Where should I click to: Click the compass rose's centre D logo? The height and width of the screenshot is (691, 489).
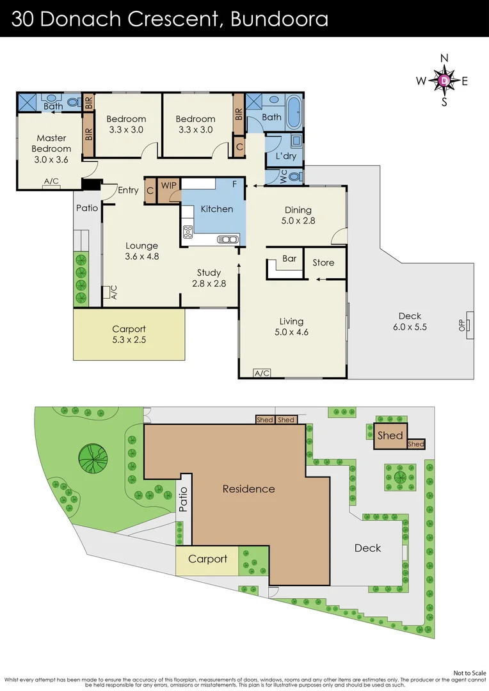tap(444, 80)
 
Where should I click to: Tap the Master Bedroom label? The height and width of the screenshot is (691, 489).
tap(51, 143)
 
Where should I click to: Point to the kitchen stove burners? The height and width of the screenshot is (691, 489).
tap(188, 232)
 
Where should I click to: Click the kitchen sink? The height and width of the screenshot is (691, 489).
tap(228, 240)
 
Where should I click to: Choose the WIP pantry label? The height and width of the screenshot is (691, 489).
tap(169, 186)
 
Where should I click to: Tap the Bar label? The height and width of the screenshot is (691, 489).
tap(289, 259)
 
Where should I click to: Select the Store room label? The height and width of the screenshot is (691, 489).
tap(323, 263)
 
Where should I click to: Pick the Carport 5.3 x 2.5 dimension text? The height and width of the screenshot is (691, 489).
tap(129, 340)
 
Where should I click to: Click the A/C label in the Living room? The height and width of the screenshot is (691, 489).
tap(262, 373)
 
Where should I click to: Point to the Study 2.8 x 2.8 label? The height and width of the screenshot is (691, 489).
tap(209, 278)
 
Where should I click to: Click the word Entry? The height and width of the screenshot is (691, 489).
tap(128, 190)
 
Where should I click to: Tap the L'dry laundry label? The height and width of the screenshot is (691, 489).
tap(285, 156)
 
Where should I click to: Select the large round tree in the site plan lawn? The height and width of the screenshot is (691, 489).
tap(92, 457)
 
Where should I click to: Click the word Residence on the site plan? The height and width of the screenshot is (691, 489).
tap(248, 489)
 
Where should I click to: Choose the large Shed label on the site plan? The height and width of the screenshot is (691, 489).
tap(390, 436)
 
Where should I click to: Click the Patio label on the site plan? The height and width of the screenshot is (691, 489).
tap(183, 501)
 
